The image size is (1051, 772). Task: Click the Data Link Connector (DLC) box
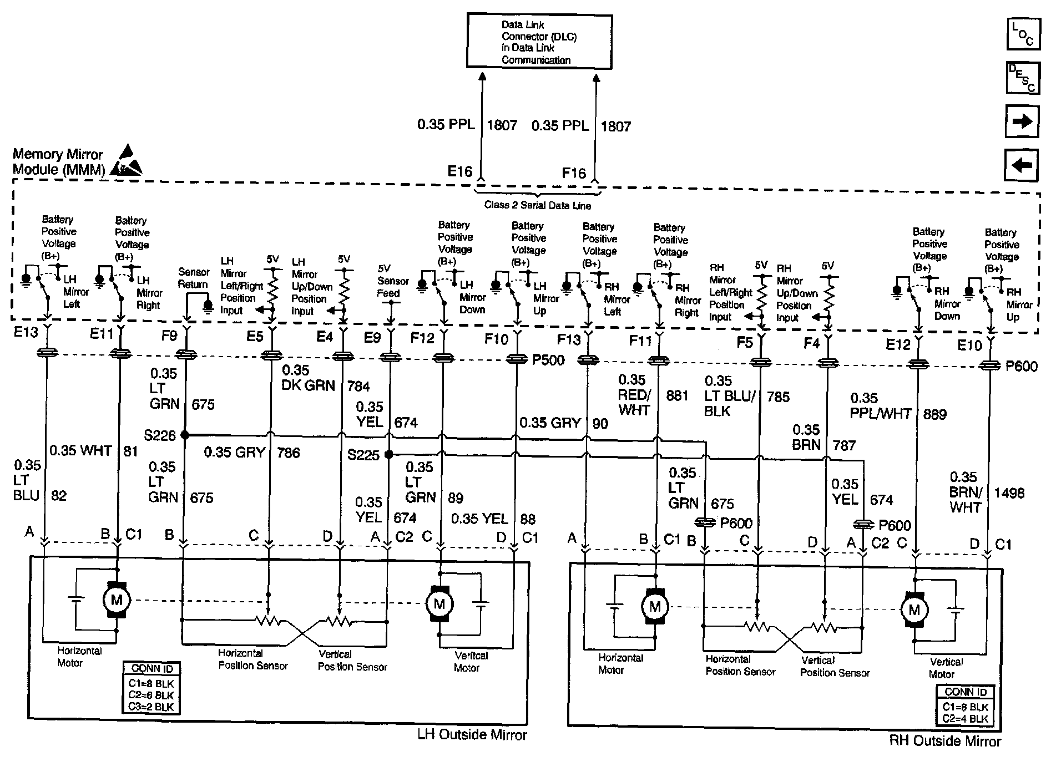539,42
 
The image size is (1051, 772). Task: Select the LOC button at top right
1022,34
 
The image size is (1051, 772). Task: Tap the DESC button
1022,78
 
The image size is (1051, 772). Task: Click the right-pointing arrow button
1022,121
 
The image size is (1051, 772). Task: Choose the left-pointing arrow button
1022,165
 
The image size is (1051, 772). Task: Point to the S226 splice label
160,435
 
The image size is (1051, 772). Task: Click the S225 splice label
363,455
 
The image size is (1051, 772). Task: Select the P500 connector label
548,360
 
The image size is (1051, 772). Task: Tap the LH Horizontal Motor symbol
117,600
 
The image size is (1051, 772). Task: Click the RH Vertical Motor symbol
914,611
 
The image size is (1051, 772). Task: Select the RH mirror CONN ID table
966,705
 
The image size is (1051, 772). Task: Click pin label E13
26,334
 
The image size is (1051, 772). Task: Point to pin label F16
574,174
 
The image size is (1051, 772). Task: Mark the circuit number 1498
1009,492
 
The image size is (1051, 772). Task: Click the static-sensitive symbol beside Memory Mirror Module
126,161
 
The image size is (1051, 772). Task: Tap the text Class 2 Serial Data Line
537,205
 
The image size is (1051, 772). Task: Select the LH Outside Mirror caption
472,735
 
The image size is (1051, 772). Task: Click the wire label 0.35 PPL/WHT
880,406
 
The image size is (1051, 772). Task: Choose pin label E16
459,171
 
